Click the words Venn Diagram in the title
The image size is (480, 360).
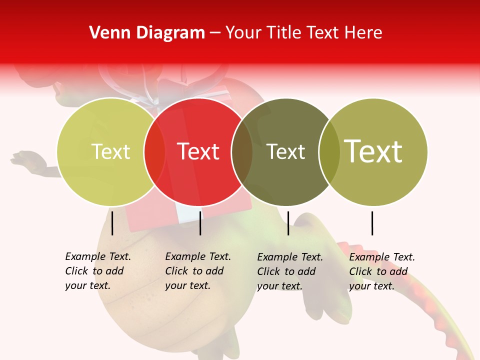[147, 33]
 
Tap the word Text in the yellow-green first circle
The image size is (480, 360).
[111, 151]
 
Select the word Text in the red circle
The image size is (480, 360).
[198, 151]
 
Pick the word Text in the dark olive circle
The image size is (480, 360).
[286, 151]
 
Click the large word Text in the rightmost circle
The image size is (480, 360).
[373, 151]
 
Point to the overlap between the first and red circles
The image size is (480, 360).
[155, 152]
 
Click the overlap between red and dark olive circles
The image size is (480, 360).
[242, 152]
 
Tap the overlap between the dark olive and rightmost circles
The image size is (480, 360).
[329, 152]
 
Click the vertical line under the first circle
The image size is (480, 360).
[112, 223]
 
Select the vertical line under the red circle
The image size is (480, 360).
[200, 223]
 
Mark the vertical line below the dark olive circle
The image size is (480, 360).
[288, 223]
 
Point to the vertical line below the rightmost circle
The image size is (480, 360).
[372, 223]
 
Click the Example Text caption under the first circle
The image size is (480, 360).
[97, 271]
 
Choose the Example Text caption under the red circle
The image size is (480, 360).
[197, 271]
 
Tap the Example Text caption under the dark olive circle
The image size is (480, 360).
[289, 271]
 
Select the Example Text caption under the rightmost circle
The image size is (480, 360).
[381, 271]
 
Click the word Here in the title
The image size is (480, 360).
[363, 33]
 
